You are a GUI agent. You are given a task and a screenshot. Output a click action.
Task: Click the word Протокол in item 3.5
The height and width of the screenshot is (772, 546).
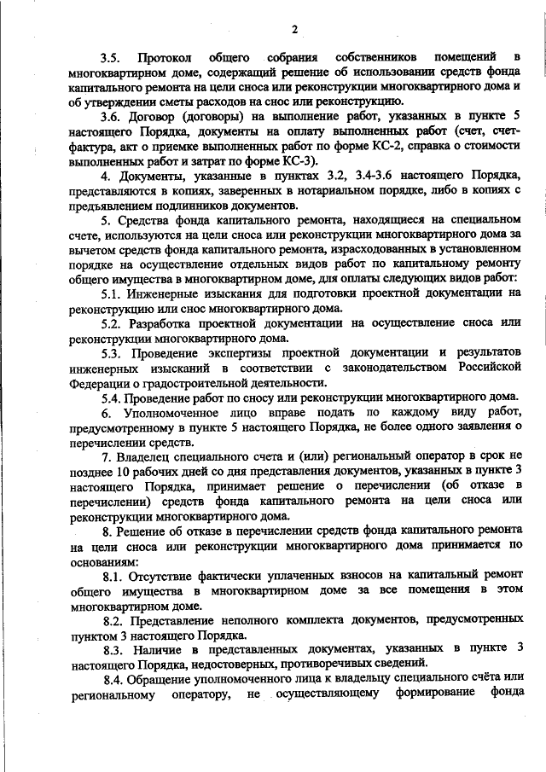[x=163, y=58]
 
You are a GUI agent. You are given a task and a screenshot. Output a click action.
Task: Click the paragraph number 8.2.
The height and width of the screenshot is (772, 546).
[x=112, y=618]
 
